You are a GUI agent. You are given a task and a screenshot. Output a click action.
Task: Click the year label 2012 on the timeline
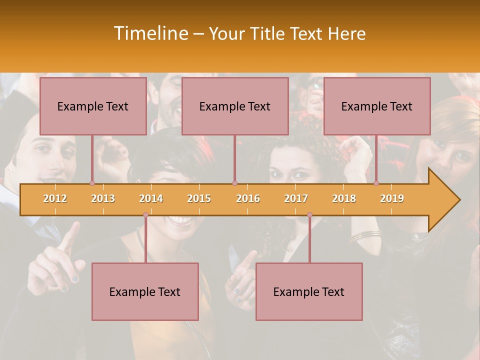tap(55, 198)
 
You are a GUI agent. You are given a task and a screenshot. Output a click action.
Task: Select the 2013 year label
tap(103, 198)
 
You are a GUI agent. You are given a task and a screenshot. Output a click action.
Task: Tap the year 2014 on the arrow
tap(151, 198)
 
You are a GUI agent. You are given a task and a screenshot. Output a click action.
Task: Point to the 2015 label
tap(199, 198)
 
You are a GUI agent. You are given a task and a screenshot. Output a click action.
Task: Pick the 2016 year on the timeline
tap(248, 198)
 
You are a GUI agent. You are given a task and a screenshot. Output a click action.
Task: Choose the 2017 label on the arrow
tap(296, 198)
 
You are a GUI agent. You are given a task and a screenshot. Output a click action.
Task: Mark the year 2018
tap(344, 198)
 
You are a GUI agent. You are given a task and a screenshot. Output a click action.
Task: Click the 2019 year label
tap(392, 198)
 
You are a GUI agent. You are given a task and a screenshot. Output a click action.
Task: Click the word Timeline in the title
tap(150, 33)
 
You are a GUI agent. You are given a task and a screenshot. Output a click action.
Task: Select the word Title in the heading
tap(269, 34)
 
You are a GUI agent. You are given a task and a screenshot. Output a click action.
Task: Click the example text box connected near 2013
tap(93, 106)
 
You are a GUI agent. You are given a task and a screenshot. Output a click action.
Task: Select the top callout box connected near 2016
tap(235, 106)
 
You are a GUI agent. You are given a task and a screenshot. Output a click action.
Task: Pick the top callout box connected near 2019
tap(377, 106)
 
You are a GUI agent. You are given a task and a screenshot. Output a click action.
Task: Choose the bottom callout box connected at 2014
tap(145, 291)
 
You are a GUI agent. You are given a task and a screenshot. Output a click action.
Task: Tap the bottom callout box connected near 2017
tap(309, 291)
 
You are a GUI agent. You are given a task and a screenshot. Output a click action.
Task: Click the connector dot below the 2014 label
tap(145, 215)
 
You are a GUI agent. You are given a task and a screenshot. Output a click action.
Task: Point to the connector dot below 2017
tap(309, 215)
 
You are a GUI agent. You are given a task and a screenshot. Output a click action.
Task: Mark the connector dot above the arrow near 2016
tap(234, 183)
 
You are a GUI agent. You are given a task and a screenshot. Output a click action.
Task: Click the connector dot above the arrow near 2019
tap(376, 183)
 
